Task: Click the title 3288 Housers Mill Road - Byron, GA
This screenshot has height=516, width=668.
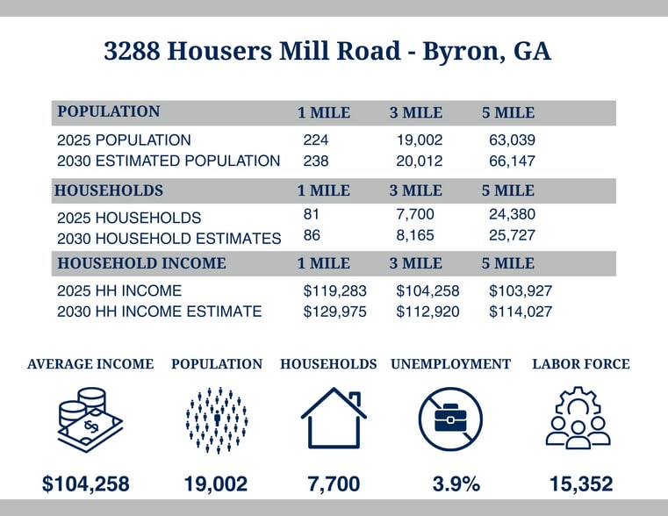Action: [327, 52]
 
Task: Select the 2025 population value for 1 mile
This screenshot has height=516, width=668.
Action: [315, 140]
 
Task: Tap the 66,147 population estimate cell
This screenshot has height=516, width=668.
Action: [512, 161]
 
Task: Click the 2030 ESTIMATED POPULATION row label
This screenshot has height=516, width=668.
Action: [169, 161]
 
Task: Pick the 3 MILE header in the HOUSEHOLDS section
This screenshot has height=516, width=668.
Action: [416, 190]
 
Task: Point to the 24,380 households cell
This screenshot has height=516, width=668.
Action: [512, 214]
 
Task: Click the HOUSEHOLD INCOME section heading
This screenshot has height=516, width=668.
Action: [141, 263]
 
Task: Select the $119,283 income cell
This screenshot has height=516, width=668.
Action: [334, 290]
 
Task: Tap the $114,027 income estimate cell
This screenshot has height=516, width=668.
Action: [520, 312]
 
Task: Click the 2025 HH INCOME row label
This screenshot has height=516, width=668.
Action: [119, 290]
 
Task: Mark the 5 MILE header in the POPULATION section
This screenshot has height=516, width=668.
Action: [508, 113]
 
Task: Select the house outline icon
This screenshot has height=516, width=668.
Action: [333, 419]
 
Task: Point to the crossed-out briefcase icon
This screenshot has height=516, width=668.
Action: [450, 419]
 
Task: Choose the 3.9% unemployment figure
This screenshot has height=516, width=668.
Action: [456, 484]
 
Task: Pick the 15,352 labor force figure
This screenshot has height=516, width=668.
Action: [581, 484]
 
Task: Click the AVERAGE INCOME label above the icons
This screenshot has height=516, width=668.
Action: [90, 364]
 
